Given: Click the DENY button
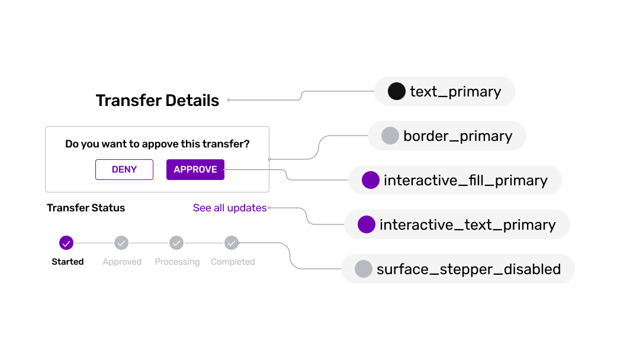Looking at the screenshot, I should point(124,169).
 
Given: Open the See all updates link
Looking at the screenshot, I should point(230,208).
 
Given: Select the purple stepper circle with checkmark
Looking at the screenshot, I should point(66,243).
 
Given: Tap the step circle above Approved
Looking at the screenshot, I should point(121,243).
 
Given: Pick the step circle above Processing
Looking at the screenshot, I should point(176,243).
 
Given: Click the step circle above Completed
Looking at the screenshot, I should point(232,243).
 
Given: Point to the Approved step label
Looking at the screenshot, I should point(122,262).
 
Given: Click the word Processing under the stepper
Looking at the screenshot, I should point(177,262).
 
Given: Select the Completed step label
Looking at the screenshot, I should point(233,262).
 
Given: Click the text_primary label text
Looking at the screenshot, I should point(455,92).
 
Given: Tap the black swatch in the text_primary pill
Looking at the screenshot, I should point(396,91).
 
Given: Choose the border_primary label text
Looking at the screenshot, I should point(458,136).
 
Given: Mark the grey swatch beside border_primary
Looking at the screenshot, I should point(390,136).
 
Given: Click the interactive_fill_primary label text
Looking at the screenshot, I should point(465,181).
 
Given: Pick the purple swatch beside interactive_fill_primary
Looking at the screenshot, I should point(370,180).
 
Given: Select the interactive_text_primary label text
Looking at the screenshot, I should point(467,225).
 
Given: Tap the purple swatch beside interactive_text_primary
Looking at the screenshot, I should point(367,224).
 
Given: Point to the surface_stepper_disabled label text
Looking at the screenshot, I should point(468,269).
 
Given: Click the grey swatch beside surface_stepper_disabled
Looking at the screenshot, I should point(363,269).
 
